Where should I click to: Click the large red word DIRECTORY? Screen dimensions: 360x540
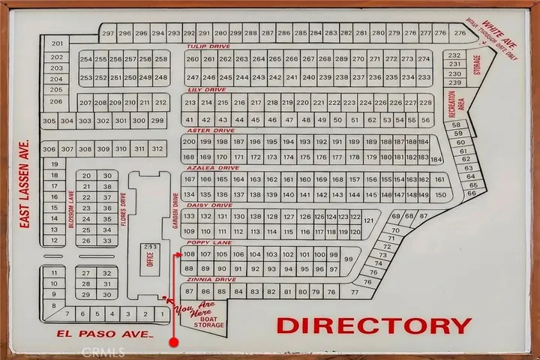(374, 325)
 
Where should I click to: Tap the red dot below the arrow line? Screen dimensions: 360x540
(173, 342)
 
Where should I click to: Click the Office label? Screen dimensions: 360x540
(150, 259)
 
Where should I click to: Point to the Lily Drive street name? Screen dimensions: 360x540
(201, 89)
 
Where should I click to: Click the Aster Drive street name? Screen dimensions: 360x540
(202, 130)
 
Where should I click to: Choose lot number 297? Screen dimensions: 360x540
(108, 34)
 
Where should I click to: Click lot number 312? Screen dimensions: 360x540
(157, 149)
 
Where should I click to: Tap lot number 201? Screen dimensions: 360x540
(57, 44)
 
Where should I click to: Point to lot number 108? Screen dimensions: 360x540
(189, 254)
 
